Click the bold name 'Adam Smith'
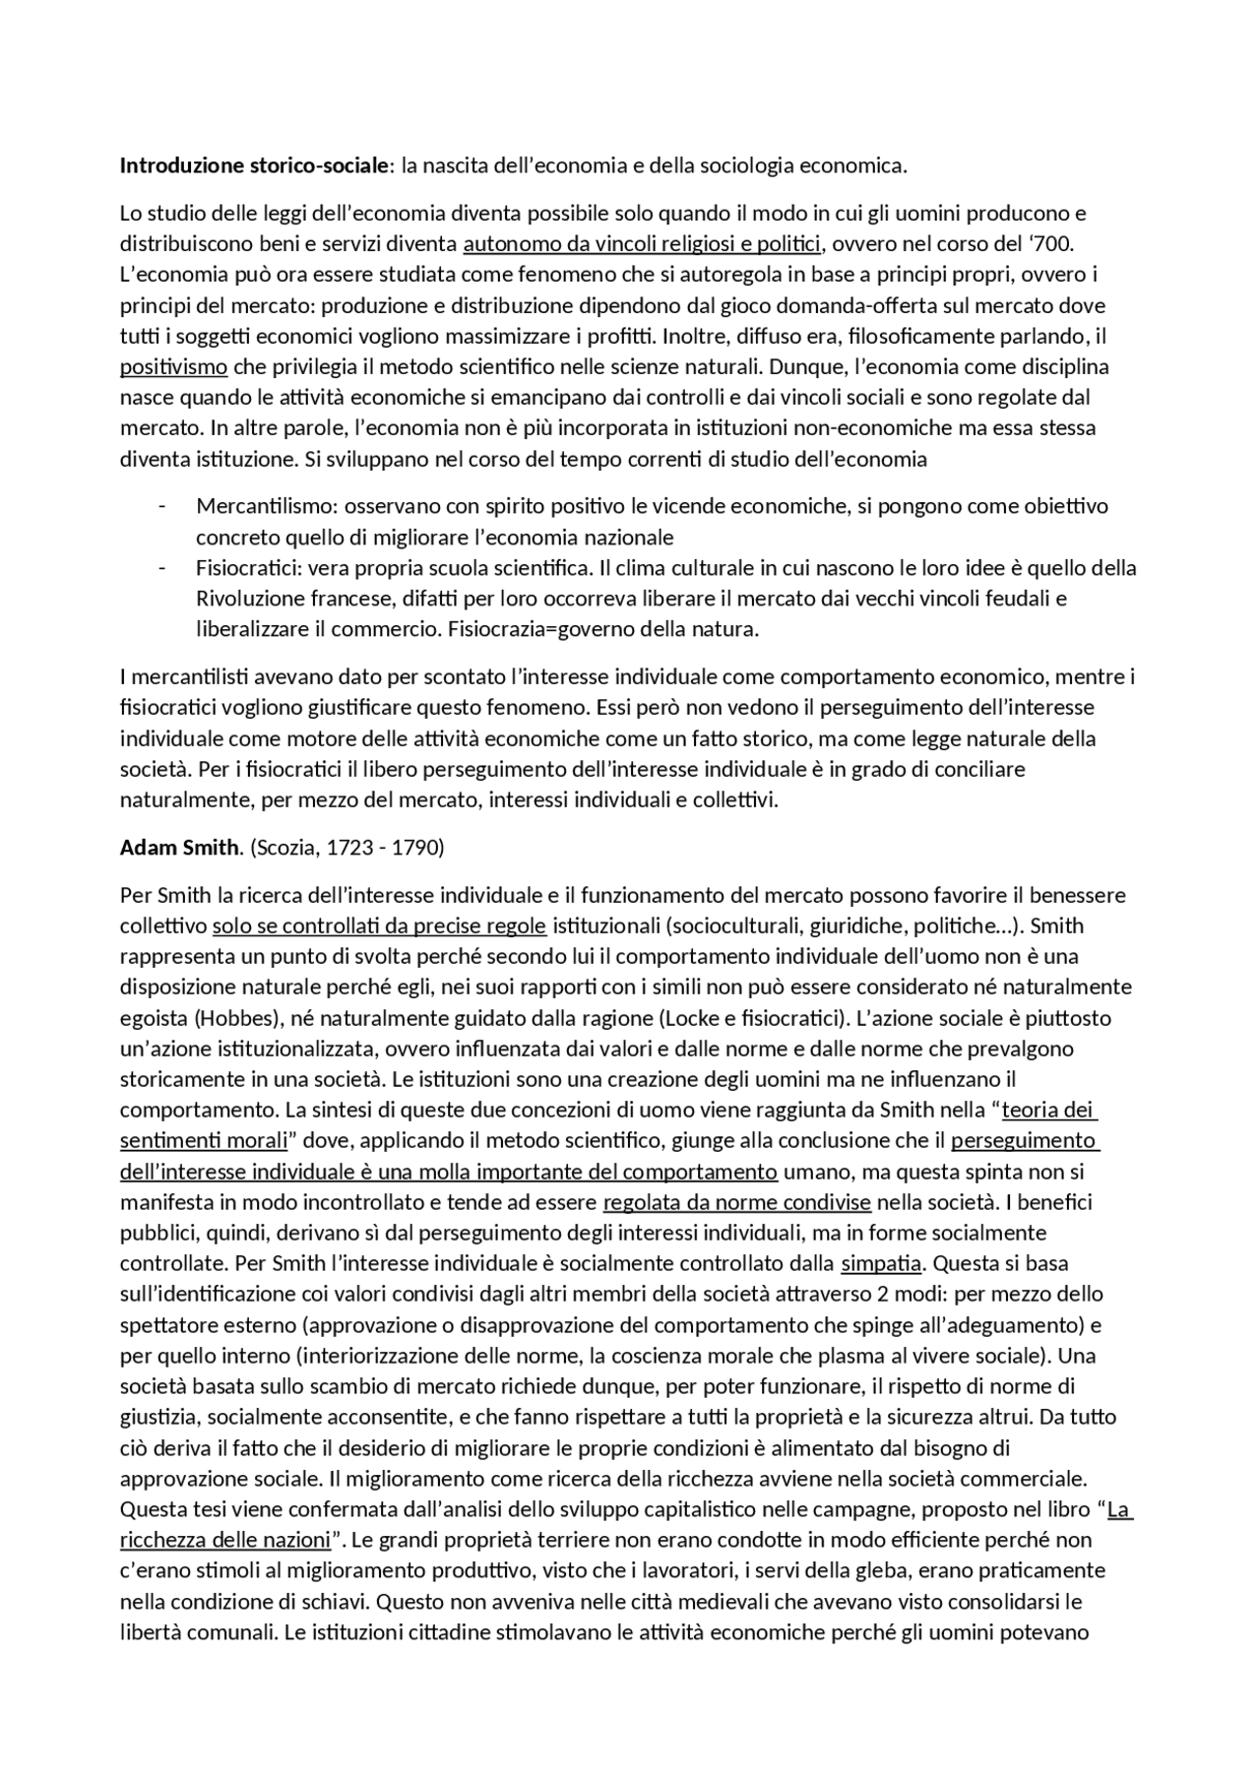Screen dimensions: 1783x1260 pyautogui.click(x=179, y=847)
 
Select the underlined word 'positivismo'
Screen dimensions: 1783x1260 pyautogui.click(x=173, y=367)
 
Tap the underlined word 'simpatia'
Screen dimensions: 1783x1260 pyautogui.click(x=880, y=1263)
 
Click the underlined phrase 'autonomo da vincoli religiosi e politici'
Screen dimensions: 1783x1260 pyautogui.click(x=642, y=244)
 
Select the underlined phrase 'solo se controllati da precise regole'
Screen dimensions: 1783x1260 pyautogui.click(x=379, y=925)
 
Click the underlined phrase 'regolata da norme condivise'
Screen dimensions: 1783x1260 pyautogui.click(x=736, y=1202)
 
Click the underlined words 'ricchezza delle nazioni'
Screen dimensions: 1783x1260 pyautogui.click(x=225, y=1540)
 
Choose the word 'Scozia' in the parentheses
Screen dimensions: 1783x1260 pyautogui.click(x=289, y=847)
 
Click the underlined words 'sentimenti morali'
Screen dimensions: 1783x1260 pyautogui.click(x=203, y=1141)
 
